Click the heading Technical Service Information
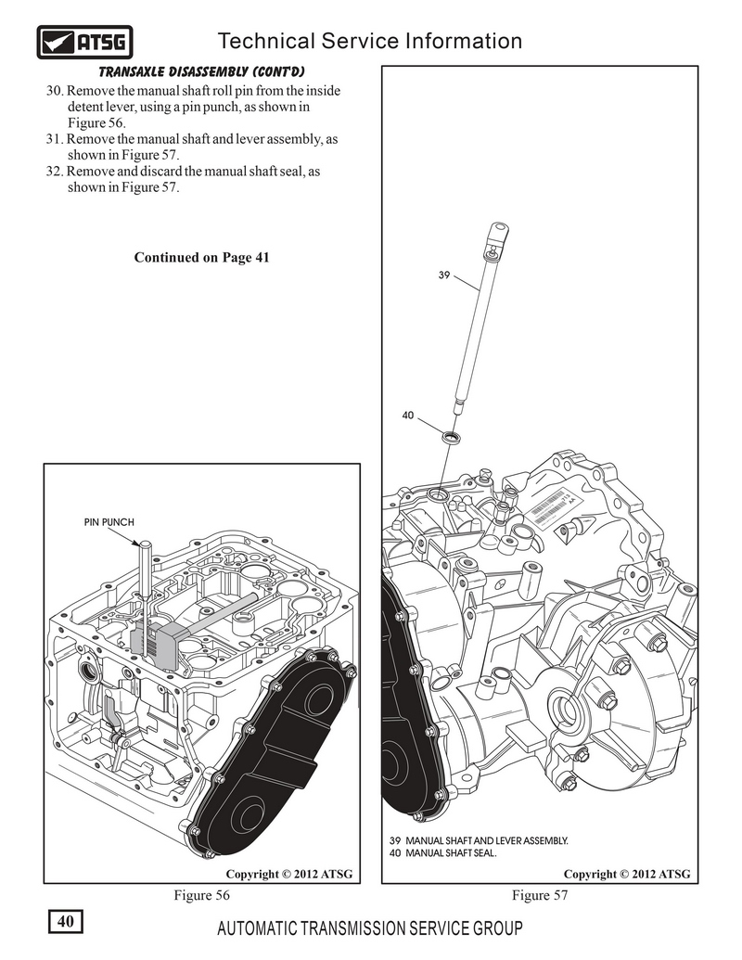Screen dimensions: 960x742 [x=368, y=41]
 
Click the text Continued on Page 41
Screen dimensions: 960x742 [x=201, y=257]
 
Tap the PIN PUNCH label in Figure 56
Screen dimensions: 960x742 [x=109, y=522]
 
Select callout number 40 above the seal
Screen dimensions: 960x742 [x=407, y=415]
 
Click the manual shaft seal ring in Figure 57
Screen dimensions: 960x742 [x=451, y=436]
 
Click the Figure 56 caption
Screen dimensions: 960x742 [x=201, y=895]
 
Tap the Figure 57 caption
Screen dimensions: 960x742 [x=539, y=895]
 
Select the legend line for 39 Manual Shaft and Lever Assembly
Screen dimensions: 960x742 [x=479, y=839]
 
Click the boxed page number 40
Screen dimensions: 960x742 [x=66, y=921]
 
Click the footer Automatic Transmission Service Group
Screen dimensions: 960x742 [x=368, y=929]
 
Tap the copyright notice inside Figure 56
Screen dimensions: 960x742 [x=288, y=874]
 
